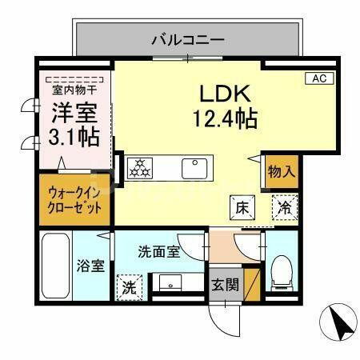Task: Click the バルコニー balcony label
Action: [x=187, y=38]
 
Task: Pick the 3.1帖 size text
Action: [x=75, y=136]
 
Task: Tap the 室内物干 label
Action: [x=73, y=90]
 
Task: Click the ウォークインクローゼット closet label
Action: [x=75, y=200]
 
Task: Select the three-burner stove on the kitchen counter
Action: [x=141, y=168]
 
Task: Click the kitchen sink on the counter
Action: [x=194, y=168]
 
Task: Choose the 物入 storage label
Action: [x=282, y=170]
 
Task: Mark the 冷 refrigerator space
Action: [x=285, y=206]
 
